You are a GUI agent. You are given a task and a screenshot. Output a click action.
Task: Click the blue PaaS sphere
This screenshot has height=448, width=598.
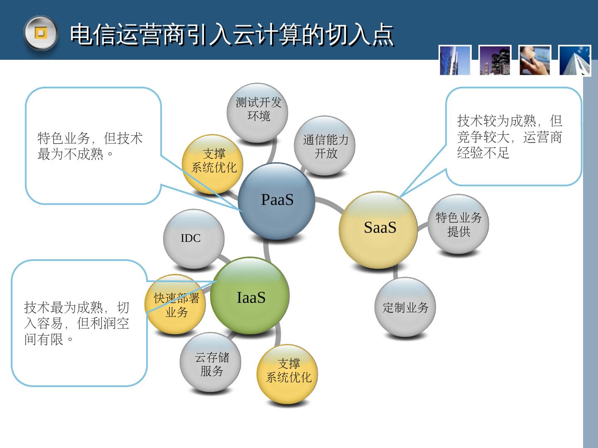tap(277, 201)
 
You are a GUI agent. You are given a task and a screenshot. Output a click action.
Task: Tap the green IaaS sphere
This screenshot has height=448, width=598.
tap(250, 296)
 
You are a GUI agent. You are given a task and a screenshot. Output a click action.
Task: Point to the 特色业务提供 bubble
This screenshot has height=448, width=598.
tap(458, 224)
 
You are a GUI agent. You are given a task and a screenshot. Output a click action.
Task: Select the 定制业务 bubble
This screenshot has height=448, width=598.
tap(405, 307)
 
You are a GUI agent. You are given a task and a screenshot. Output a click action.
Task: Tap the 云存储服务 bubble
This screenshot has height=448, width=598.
tap(211, 363)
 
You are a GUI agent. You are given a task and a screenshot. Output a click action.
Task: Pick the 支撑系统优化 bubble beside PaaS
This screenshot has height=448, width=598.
tap(213, 162)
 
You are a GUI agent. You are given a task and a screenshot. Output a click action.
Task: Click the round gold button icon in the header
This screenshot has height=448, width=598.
tap(40, 33)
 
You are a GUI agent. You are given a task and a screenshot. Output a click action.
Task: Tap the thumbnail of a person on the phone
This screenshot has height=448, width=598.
tap(534, 61)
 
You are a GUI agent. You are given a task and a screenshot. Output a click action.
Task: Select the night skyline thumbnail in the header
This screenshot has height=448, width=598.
tap(495, 61)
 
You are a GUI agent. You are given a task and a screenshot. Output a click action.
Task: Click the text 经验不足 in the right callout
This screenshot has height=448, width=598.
tap(483, 153)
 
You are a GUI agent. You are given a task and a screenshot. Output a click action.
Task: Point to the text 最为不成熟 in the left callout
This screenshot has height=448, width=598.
tap(70, 154)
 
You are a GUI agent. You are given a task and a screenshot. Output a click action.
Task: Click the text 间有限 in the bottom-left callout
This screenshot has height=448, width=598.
tap(44, 340)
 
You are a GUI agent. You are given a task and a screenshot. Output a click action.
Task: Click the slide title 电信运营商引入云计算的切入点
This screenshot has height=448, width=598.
tap(231, 34)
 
